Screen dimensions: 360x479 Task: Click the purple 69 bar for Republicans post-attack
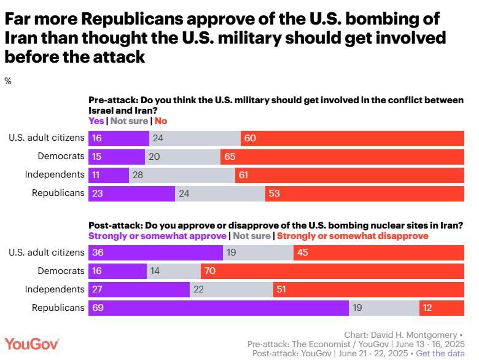[x=219, y=307]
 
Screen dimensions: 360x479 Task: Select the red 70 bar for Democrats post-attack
[x=332, y=271]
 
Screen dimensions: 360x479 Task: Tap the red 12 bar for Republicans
[x=442, y=307]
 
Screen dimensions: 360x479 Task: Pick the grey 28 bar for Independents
[x=182, y=174]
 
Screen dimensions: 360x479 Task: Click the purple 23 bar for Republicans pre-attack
[x=132, y=193]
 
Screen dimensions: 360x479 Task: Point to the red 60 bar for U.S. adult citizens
[x=352, y=138]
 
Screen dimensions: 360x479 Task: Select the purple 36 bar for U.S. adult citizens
[x=155, y=252]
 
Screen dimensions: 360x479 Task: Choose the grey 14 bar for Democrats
[x=174, y=271]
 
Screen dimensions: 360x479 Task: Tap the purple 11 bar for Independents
[x=109, y=174]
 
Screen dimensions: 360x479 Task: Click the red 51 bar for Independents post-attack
[x=368, y=289]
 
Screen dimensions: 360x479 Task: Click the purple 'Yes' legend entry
[x=96, y=121]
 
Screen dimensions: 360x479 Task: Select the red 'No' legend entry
[x=160, y=121]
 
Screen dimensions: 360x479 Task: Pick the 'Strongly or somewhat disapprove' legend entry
[x=352, y=236]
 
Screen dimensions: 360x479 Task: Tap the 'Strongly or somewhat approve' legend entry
[x=157, y=236]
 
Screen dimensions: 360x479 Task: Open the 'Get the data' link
[x=440, y=354]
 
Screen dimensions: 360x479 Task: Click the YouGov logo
[x=32, y=344]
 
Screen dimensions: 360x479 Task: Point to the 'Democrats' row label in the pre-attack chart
[x=61, y=156]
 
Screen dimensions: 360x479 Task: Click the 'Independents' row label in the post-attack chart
[x=55, y=289]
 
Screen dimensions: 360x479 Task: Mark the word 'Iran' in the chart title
[x=21, y=38]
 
